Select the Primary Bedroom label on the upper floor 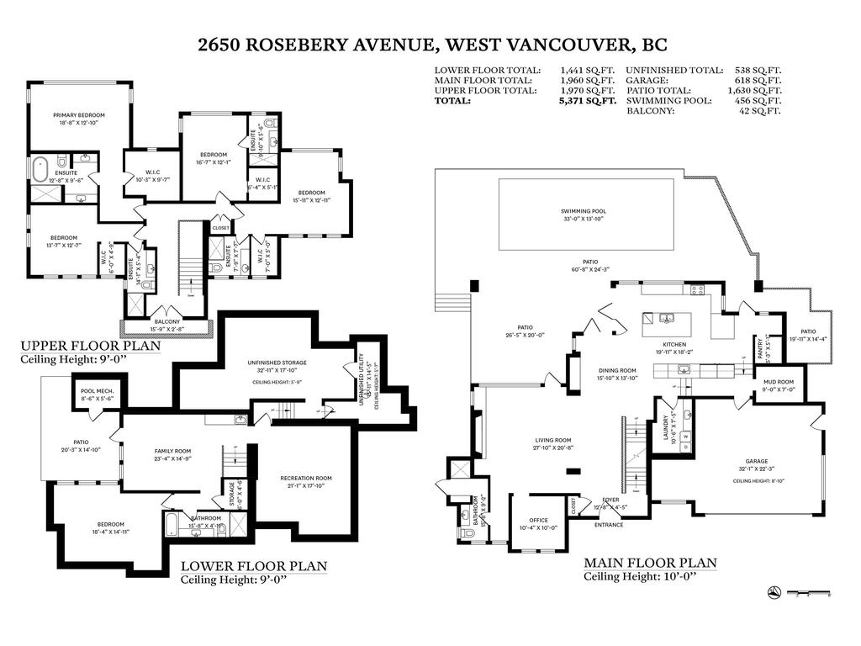click(x=79, y=115)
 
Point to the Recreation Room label click(x=306, y=478)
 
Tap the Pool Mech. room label click(x=98, y=392)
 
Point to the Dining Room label click(x=617, y=370)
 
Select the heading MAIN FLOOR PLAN click(x=650, y=563)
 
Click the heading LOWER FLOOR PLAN click(x=254, y=566)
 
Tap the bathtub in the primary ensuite click(x=40, y=169)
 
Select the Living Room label click(x=553, y=440)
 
